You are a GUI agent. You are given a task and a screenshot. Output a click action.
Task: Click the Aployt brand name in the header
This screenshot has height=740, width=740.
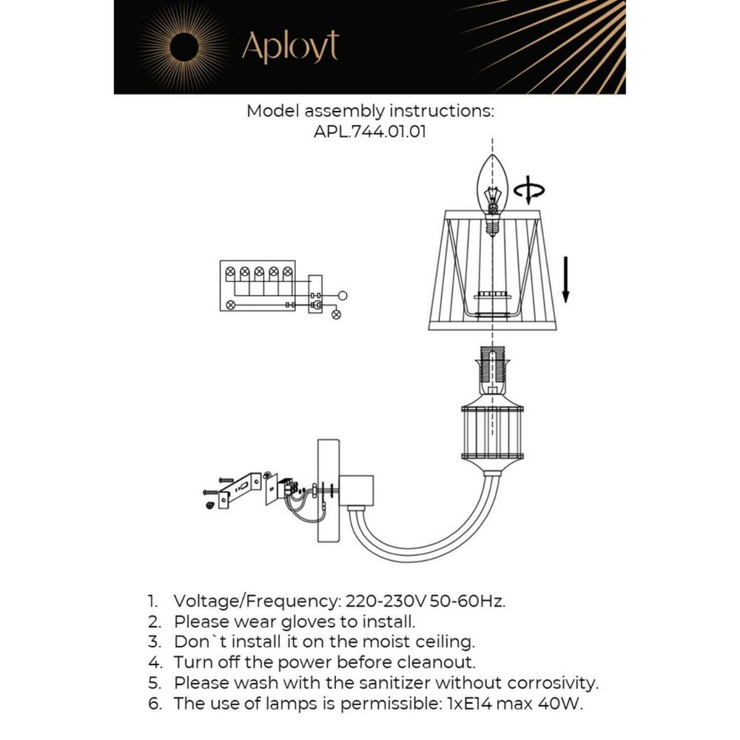click(x=290, y=47)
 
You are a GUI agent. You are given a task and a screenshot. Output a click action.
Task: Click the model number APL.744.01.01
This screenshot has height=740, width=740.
click(x=369, y=132)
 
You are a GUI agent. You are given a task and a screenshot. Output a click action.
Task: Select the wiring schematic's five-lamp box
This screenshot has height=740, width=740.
click(x=258, y=286)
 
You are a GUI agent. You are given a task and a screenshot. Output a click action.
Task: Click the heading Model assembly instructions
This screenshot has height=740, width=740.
click(x=369, y=112)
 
